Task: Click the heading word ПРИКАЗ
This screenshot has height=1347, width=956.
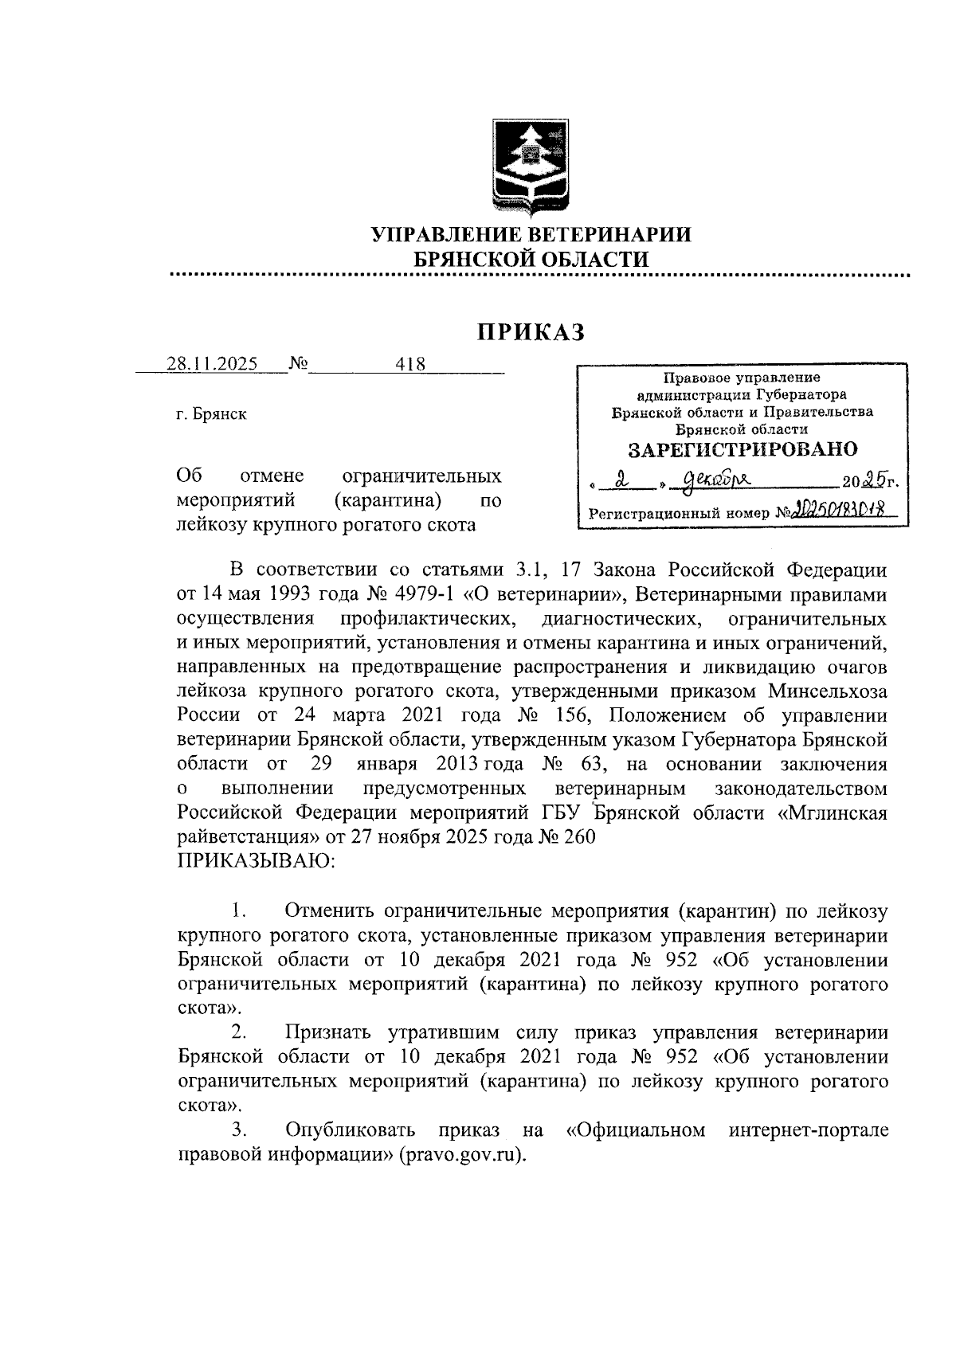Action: click(531, 331)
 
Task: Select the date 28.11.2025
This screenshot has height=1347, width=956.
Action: click(212, 364)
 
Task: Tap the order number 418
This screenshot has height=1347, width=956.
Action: click(410, 364)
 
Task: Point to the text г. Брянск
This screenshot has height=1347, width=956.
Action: click(211, 414)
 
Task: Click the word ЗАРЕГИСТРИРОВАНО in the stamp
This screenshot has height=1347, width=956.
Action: click(742, 449)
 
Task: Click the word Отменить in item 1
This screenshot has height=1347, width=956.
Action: click(330, 910)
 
